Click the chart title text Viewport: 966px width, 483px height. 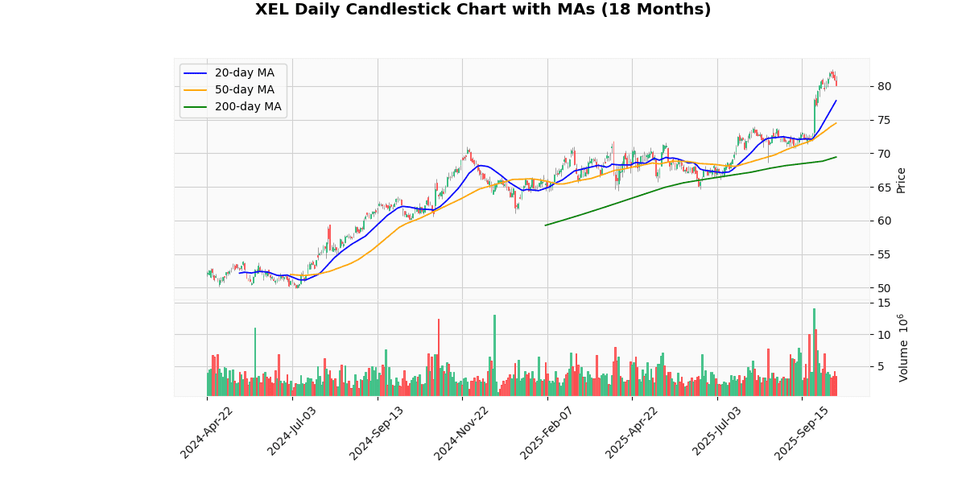(x=483, y=10)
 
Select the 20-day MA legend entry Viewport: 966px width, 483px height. (x=244, y=73)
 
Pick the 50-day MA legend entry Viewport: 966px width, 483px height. (x=244, y=90)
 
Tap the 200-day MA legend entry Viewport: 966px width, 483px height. (x=247, y=107)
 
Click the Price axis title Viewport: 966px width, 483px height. (x=901, y=180)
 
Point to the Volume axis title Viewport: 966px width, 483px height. (x=902, y=348)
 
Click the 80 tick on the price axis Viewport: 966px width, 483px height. (x=884, y=86)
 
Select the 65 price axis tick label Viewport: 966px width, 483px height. (x=884, y=187)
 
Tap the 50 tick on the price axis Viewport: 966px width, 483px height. (x=884, y=288)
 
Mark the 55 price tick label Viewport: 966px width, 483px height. (x=884, y=254)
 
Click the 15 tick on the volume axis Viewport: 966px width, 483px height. (x=884, y=303)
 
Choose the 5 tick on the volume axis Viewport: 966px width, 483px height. (x=881, y=366)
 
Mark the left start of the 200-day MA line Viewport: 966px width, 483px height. (x=546, y=225)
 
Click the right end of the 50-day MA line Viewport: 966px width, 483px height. (x=836, y=123)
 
